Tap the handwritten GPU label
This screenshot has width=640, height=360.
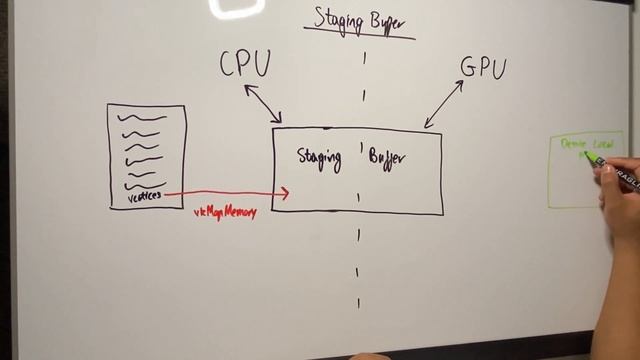tap(483, 68)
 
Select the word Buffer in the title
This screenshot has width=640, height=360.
tap(391, 20)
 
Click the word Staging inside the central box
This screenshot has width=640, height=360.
tap(319, 157)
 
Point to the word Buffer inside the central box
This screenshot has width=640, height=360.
tap(387, 158)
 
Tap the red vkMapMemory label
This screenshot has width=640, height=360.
tap(225, 211)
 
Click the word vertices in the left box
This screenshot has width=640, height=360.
tap(146, 197)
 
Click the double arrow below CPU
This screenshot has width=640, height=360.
tap(263, 103)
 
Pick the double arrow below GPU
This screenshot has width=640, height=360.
tap(444, 104)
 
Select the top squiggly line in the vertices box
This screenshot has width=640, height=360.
tap(142, 118)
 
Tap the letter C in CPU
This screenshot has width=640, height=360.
tap(229, 65)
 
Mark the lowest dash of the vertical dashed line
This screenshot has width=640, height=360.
tap(359, 302)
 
